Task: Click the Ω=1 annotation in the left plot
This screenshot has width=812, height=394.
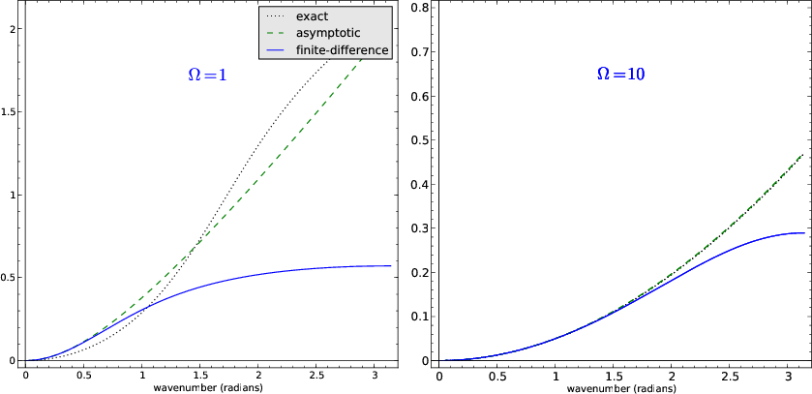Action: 207,75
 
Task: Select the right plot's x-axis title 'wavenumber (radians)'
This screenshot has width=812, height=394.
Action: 622,387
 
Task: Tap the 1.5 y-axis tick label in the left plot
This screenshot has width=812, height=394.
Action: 10,112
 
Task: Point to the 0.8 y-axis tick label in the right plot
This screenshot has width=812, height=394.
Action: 420,8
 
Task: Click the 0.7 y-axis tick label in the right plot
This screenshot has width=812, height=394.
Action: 420,52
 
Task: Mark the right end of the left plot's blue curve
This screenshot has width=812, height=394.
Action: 391,265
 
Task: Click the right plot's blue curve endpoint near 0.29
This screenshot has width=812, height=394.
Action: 804,232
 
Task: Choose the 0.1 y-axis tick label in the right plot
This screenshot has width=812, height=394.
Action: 420,317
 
